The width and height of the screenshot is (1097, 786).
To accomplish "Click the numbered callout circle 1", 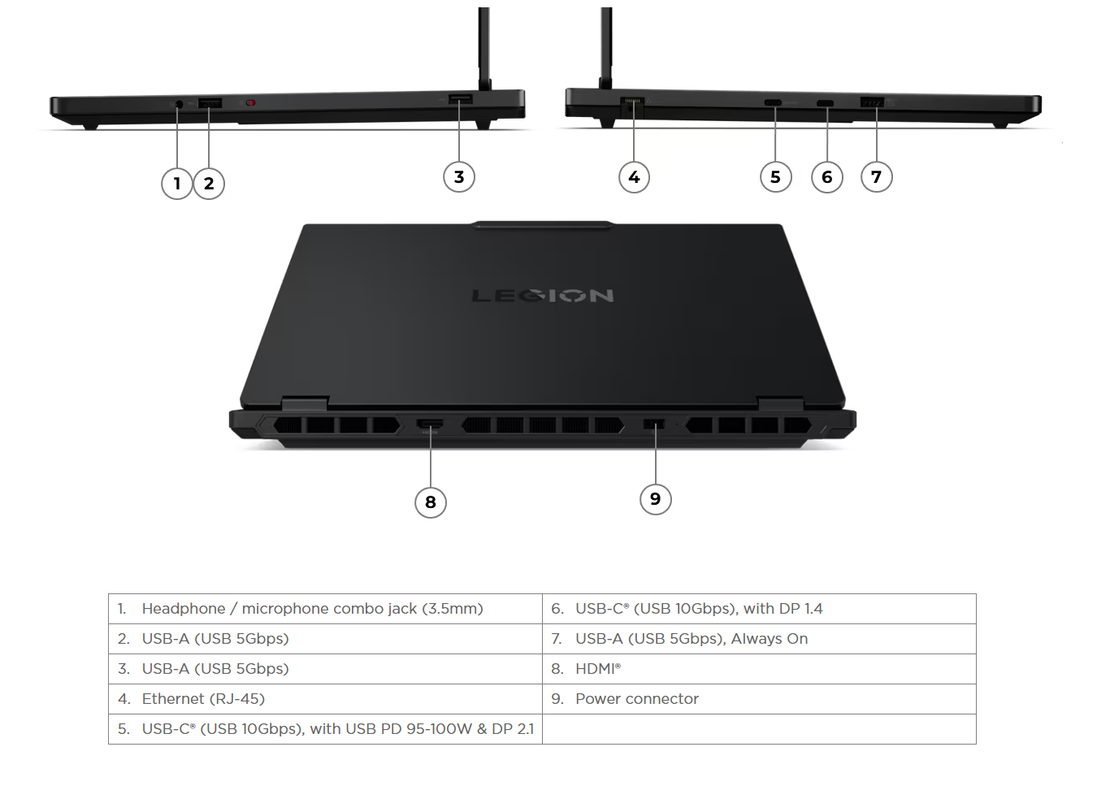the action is [177, 184].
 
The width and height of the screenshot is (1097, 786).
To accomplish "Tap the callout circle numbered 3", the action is [459, 176].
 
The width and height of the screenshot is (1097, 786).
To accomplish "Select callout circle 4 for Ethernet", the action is [634, 176].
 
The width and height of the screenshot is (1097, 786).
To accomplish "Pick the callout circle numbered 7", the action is [877, 176].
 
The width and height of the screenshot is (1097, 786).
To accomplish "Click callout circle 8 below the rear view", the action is [431, 502].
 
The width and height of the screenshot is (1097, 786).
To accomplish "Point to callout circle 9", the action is [656, 499].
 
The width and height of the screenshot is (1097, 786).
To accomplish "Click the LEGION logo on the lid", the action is [543, 295].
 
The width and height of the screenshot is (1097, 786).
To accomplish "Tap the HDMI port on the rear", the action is [430, 424].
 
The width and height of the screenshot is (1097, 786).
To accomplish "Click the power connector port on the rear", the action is [654, 423].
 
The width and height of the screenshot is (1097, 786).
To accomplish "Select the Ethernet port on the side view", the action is [632, 106].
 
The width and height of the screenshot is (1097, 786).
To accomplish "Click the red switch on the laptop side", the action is [251, 103].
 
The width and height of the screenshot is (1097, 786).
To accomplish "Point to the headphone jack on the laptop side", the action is [179, 104].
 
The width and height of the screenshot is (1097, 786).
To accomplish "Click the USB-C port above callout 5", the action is [774, 103].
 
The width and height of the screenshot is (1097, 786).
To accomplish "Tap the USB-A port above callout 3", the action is [461, 99].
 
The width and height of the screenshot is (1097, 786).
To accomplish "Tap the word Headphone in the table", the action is [184, 609].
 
